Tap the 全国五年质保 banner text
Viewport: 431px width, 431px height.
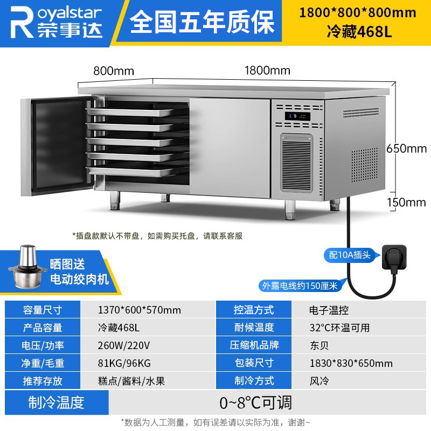(202, 22)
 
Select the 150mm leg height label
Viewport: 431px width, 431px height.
(407, 203)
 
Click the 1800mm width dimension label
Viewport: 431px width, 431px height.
(267, 71)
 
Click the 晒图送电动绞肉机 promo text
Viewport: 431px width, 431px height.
(79, 272)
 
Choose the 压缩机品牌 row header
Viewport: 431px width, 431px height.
(254, 345)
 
